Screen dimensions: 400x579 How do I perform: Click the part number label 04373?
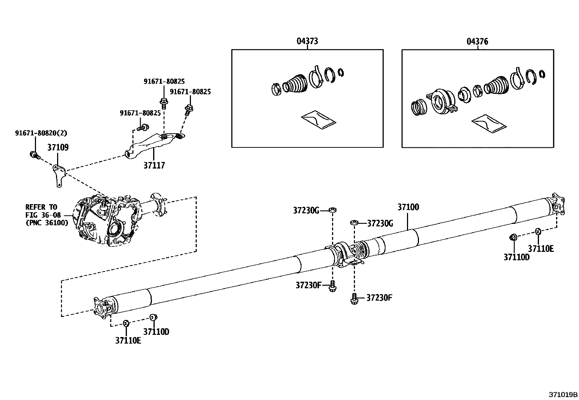pyautogui.click(x=307, y=41)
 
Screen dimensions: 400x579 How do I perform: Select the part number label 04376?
pyautogui.click(x=477, y=41)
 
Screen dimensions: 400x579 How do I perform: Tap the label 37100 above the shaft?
pyautogui.click(x=408, y=207)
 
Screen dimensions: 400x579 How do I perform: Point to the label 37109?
pyautogui.click(x=58, y=147)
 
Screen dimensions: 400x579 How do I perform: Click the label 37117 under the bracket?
pyautogui.click(x=154, y=166)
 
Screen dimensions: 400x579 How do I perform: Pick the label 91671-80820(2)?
pyautogui.click(x=41, y=133)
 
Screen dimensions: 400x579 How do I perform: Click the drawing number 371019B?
pyautogui.click(x=563, y=395)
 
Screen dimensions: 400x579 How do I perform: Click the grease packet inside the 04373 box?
pyautogui.click(x=319, y=120)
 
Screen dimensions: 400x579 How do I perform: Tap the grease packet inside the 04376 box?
pyautogui.click(x=488, y=123)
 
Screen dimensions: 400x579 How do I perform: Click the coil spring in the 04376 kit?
pyautogui.click(x=419, y=107)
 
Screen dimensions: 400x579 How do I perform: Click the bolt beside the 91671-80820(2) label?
pyautogui.click(x=34, y=155)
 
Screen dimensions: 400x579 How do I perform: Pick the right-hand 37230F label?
pyautogui.click(x=379, y=298)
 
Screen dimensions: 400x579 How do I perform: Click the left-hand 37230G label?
pyautogui.click(x=306, y=210)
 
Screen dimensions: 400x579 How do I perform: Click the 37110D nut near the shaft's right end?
pyautogui.click(x=513, y=238)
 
